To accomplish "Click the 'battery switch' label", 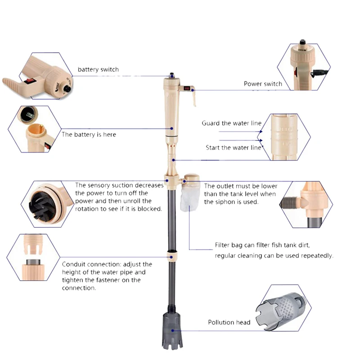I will pyautogui.click(x=98, y=69).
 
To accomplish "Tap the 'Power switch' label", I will pyautogui.click(x=263, y=84).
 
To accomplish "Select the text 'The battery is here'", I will pyautogui.click(x=89, y=134).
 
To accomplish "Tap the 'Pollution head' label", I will pyautogui.click(x=229, y=322).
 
